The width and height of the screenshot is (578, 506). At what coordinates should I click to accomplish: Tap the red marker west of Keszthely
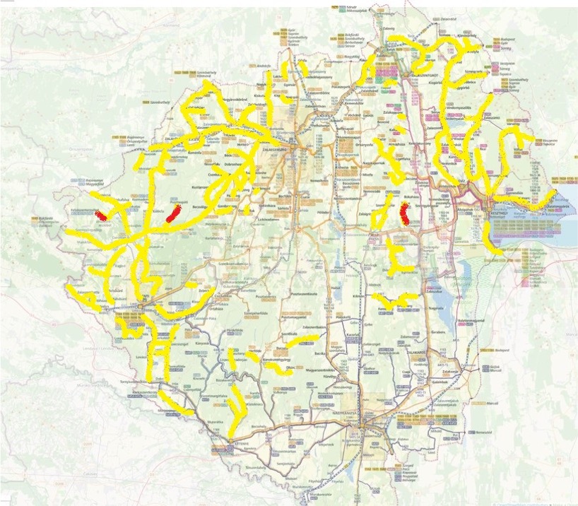pos(405,213)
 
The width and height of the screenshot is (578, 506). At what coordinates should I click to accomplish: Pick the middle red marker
pos(174,213)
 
